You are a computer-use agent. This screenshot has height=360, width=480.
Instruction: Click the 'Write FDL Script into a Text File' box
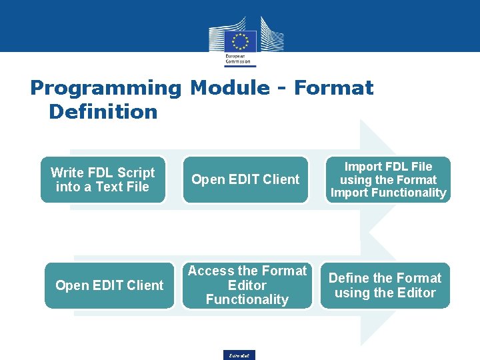103,179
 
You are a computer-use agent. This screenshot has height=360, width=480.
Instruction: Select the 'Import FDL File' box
388,179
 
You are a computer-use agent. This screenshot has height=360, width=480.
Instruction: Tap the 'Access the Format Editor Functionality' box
247,285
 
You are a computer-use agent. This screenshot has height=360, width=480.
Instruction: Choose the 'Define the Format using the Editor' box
385,285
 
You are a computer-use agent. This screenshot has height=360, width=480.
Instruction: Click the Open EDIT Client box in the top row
245,179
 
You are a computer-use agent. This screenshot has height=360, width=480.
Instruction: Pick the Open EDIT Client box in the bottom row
109,285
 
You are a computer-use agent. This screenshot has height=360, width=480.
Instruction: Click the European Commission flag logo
240,39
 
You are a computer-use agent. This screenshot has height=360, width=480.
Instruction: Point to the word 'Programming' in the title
105,88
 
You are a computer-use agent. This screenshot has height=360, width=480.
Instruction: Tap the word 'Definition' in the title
103,111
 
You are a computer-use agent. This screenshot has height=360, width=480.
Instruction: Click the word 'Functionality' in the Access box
247,300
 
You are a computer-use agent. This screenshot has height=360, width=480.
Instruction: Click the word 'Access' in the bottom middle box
211,271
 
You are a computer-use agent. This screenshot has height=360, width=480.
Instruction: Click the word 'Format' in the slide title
333,88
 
